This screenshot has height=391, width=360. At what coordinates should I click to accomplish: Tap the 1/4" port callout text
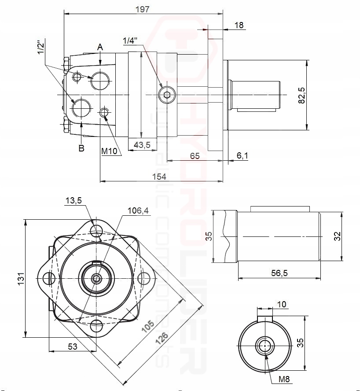point(130,41)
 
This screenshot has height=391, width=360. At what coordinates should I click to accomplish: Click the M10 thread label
point(111,151)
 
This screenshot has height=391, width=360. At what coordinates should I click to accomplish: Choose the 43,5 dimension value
point(142,145)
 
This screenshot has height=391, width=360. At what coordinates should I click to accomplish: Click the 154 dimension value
point(159,176)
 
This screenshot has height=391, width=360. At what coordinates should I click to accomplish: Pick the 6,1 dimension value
point(242,155)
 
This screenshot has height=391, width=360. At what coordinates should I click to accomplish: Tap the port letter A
point(100,47)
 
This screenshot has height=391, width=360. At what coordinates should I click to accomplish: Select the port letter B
point(81,148)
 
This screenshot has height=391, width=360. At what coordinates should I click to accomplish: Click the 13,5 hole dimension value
point(73,201)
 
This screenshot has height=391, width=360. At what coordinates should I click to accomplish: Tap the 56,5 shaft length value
point(279,273)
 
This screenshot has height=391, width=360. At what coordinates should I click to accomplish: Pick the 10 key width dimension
point(282,304)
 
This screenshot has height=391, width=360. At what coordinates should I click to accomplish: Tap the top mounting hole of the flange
point(96,229)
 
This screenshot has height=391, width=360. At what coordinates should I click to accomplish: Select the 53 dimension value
point(73,347)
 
